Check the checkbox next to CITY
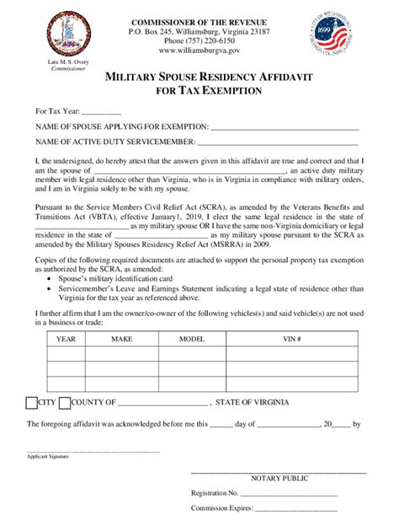(32, 401)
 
